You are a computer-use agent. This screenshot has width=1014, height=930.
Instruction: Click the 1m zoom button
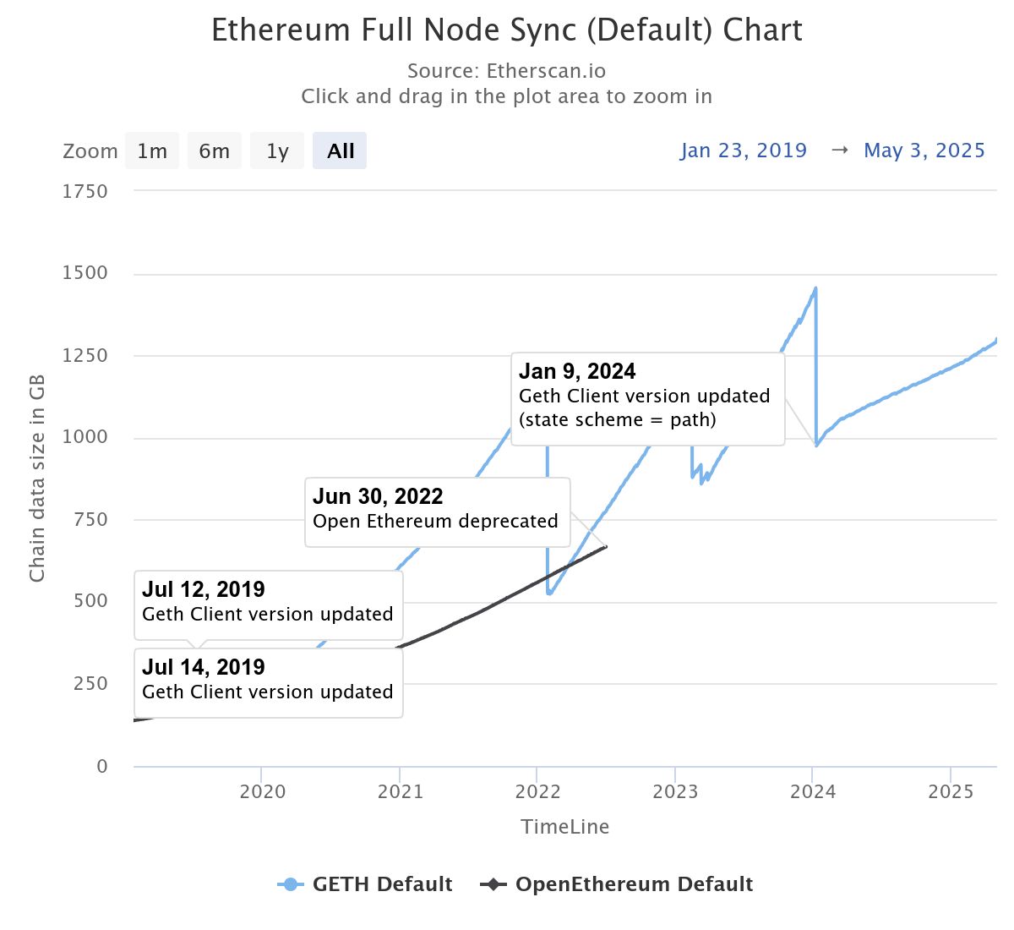[152, 151]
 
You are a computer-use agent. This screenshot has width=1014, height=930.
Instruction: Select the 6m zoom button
[214, 151]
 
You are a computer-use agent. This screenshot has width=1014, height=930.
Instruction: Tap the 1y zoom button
[277, 151]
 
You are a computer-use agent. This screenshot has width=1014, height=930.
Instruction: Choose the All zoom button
[340, 151]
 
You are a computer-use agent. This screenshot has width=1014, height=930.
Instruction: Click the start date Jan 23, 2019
[744, 150]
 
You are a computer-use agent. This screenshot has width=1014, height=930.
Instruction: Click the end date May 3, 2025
[924, 150]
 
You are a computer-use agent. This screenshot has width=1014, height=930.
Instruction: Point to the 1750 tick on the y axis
[84, 191]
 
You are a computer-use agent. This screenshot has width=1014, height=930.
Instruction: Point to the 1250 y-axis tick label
[84, 355]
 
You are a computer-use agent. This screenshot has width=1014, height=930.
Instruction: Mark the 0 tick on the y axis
[102, 766]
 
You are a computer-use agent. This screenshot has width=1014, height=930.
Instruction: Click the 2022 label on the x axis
[537, 792]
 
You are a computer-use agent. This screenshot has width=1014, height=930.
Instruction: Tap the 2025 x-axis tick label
[951, 792]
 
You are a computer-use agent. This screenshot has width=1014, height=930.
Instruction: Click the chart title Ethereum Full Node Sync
[506, 30]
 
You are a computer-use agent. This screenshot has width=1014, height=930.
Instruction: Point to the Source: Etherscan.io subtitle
[506, 71]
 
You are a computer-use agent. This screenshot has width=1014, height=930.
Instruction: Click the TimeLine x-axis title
[564, 827]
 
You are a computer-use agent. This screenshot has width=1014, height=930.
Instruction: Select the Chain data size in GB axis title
[37, 479]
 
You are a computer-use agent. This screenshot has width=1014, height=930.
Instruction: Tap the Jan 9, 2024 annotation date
[577, 371]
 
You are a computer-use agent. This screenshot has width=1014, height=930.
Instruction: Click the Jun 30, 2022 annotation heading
[378, 496]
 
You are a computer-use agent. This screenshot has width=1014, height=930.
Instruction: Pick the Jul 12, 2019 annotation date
[204, 589]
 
